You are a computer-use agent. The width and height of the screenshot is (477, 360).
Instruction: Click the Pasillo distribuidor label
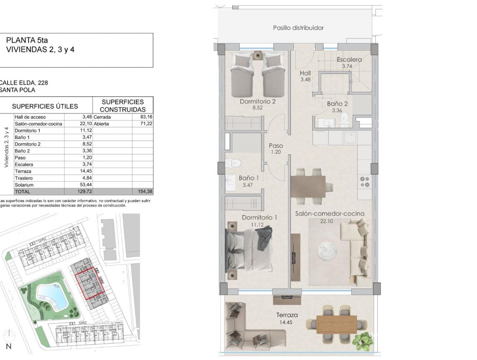(x=298, y=28)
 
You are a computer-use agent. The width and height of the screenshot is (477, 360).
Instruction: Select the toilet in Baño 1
(x=231, y=163)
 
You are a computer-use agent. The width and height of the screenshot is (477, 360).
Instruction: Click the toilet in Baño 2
(x=344, y=119)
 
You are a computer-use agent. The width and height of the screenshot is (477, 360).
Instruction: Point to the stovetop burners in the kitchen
(x=365, y=181)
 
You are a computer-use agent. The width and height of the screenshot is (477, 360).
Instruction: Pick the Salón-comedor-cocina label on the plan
(x=330, y=213)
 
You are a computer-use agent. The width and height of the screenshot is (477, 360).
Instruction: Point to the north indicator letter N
(x=8, y=346)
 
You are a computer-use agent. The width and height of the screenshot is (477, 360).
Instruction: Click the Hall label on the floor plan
(x=305, y=73)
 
